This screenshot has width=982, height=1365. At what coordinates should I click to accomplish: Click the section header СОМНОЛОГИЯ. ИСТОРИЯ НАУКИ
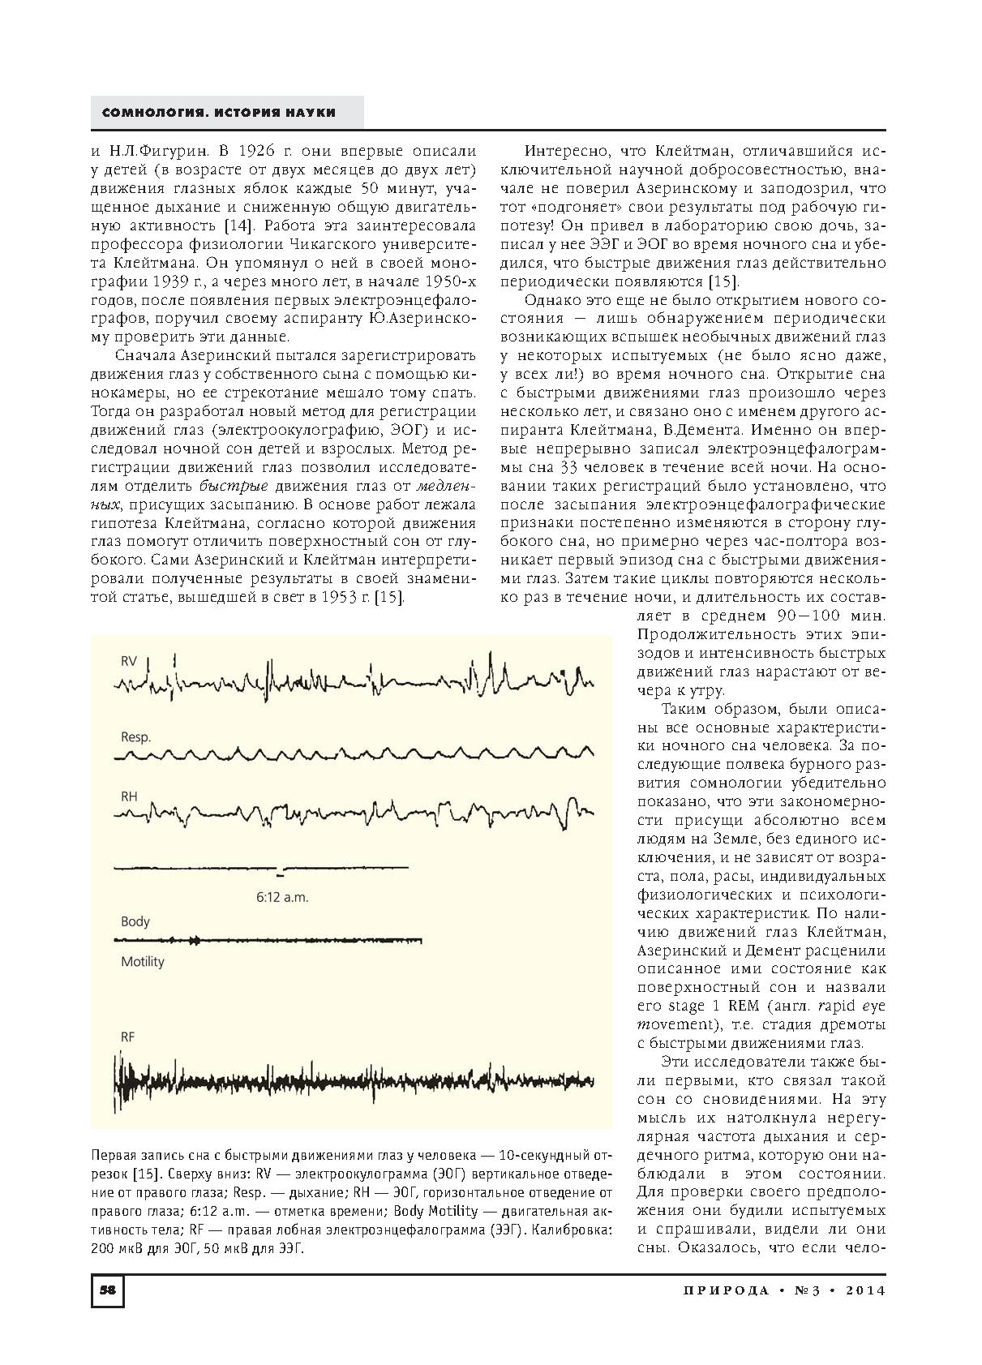(219, 112)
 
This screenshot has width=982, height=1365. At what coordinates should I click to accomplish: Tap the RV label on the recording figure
(129, 661)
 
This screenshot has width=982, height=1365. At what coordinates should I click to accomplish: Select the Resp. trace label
(136, 737)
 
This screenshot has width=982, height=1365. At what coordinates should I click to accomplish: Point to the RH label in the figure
(129, 796)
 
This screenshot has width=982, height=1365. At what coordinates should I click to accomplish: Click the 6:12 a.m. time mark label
(282, 898)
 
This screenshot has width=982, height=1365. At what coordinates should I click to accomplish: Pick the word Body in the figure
(135, 921)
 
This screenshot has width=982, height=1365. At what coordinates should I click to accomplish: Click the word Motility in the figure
(143, 962)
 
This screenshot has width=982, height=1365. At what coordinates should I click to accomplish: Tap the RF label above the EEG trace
(128, 1037)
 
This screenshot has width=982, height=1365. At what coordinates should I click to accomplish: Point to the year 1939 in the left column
(185, 281)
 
